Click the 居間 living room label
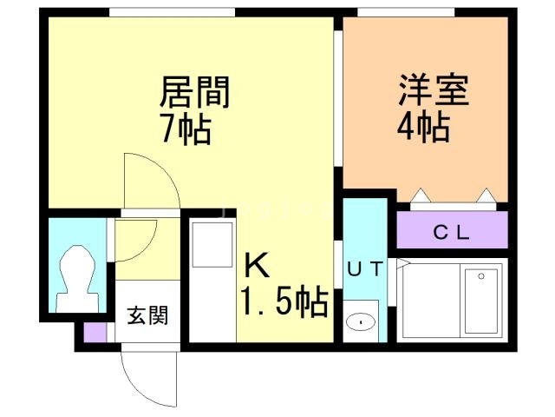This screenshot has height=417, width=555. (x=195, y=92)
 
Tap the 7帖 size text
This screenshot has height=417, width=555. (x=186, y=129)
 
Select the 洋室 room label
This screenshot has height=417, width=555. (x=434, y=90)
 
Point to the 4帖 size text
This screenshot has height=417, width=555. (x=423, y=127)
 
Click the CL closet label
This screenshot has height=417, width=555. (x=451, y=233)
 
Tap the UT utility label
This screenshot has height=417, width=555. (x=365, y=268)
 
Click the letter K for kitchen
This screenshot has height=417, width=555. (x=257, y=266)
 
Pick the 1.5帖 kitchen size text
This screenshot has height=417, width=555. (x=284, y=301)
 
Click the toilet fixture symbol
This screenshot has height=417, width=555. (x=77, y=279)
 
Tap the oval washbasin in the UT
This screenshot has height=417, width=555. (x=361, y=322)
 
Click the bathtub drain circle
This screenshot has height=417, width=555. (x=481, y=276)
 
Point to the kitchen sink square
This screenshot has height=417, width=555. (x=212, y=245)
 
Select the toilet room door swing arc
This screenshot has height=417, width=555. (x=145, y=248)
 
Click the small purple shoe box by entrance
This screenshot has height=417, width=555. (x=95, y=332)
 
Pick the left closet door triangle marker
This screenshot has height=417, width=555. (x=421, y=195)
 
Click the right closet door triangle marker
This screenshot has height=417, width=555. (x=486, y=195)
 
